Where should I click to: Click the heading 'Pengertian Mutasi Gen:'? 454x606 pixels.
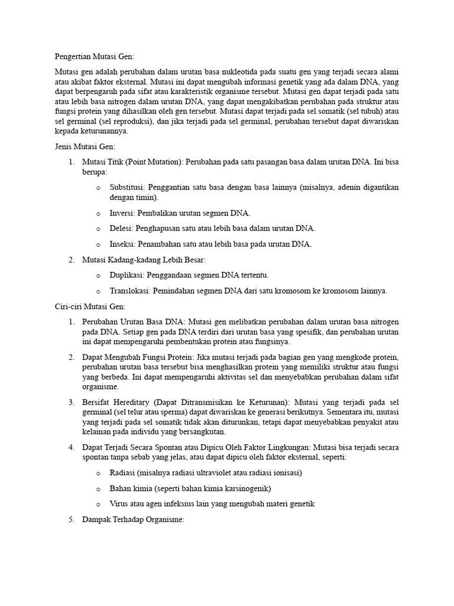[x=91, y=57]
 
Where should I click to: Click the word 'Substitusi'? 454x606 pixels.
[x=127, y=187]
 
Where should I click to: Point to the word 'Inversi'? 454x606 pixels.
[x=121, y=213]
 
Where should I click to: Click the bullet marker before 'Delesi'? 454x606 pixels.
[x=98, y=228]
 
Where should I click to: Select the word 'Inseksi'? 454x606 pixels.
[x=122, y=244]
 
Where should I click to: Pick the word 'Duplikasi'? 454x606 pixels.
[x=127, y=275]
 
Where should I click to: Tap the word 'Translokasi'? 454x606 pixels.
[x=130, y=291]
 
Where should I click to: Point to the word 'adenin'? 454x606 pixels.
[x=351, y=187]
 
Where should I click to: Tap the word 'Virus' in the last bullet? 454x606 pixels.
[x=118, y=504]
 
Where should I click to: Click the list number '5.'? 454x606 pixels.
[x=71, y=520]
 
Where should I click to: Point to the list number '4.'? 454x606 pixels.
[x=71, y=447]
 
